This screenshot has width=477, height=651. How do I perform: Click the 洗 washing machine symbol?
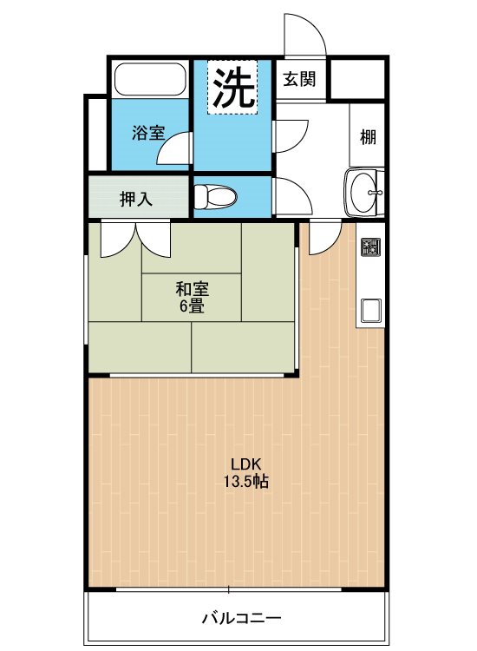pos(232,87)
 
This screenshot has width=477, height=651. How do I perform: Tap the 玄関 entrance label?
pos(299,79)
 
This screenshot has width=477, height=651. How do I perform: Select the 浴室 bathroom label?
pos(148,133)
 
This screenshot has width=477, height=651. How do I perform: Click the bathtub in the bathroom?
pos(150,79)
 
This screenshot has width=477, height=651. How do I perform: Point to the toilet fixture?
pos(215,196)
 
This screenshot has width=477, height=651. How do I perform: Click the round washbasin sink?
pos(364,192)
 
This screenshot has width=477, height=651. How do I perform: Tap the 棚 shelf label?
pos(368,136)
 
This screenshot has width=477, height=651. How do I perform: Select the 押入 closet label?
pos(136,200)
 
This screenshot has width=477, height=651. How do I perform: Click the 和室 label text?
pos(192,289)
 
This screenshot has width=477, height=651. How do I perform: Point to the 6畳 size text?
pos(192,306)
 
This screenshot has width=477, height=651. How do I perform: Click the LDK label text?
pos(245,464)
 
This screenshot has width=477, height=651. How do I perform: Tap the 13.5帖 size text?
pos(246,481)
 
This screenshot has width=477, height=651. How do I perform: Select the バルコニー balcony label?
pos(241,618)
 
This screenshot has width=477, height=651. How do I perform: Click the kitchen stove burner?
pos(370,247)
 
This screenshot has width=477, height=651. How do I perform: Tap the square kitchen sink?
pos(371,311)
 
